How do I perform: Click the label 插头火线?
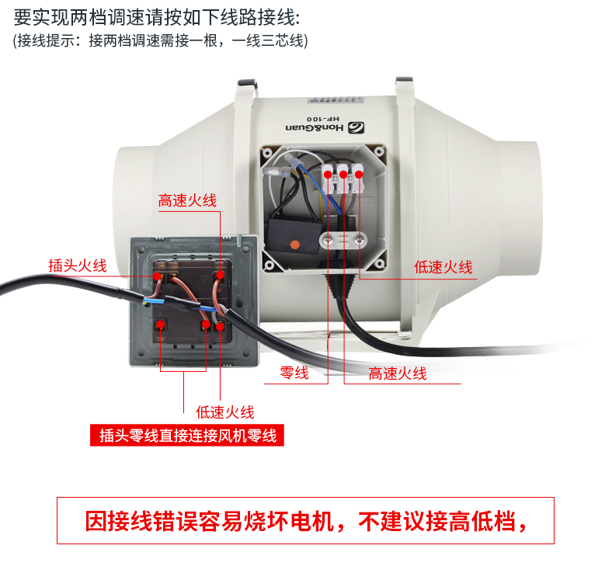(x=78, y=266)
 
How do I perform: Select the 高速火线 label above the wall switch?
(x=187, y=200)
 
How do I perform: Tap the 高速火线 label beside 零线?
(x=398, y=373)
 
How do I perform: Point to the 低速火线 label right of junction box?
(x=443, y=267)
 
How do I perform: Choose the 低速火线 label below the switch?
(x=225, y=412)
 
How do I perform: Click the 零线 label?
(x=294, y=373)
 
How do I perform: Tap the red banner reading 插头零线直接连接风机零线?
(x=187, y=436)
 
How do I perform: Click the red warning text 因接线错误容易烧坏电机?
(x=210, y=521)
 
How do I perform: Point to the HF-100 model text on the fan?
(x=323, y=118)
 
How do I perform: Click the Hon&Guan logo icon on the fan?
(x=356, y=127)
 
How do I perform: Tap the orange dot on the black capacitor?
(x=295, y=245)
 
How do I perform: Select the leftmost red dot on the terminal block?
(x=329, y=174)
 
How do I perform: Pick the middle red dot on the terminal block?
(x=343, y=175)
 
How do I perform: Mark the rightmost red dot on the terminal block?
(x=359, y=174)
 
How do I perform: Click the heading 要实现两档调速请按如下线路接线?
(x=157, y=18)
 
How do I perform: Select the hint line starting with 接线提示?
(x=161, y=40)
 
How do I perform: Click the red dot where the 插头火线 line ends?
(x=157, y=276)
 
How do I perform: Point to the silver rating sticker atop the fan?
(x=336, y=100)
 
